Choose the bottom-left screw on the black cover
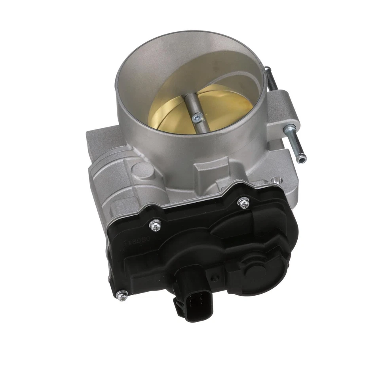tap(123, 294)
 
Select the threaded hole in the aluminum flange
tap(276, 181)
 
